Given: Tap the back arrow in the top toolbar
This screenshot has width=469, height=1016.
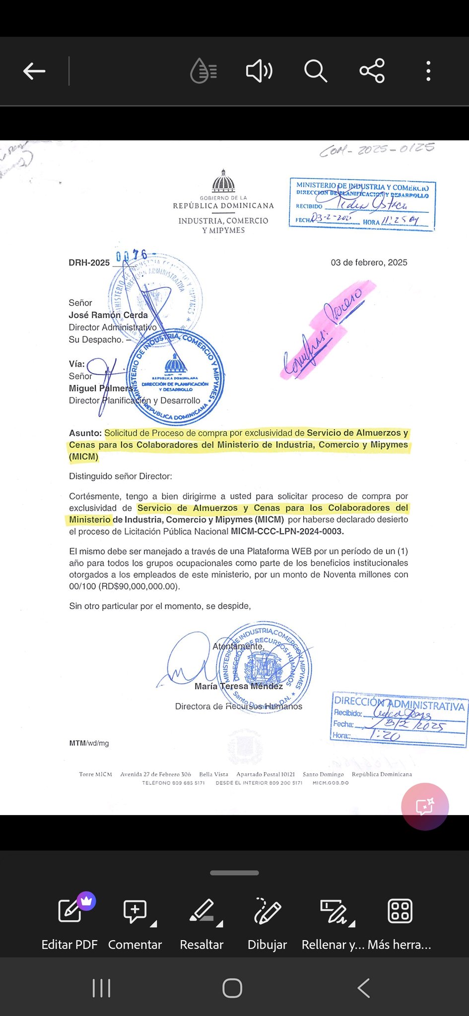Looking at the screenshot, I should click(x=34, y=71).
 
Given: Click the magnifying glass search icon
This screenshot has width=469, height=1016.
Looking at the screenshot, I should click(x=315, y=71).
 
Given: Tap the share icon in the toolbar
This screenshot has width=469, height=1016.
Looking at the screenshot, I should click(x=372, y=71).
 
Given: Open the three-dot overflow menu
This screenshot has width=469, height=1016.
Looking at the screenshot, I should click(x=428, y=71).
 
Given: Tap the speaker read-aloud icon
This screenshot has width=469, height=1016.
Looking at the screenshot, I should click(x=259, y=71).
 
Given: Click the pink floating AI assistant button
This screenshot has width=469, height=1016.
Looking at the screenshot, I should click(x=425, y=807).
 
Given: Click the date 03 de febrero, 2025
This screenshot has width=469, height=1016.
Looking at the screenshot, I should click(x=369, y=262).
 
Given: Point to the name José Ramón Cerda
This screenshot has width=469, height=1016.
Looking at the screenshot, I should click(x=108, y=315).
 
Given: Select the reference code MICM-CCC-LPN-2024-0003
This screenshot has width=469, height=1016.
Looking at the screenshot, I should click(x=287, y=531).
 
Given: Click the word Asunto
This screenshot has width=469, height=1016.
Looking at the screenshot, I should click(x=85, y=433).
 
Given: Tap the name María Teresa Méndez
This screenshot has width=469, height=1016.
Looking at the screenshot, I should click(x=238, y=686).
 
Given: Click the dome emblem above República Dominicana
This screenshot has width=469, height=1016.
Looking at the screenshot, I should click(x=223, y=182).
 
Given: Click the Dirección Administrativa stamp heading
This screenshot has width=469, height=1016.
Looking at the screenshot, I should click(x=399, y=703).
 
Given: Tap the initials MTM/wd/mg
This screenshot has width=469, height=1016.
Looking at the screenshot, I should click(x=89, y=743).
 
